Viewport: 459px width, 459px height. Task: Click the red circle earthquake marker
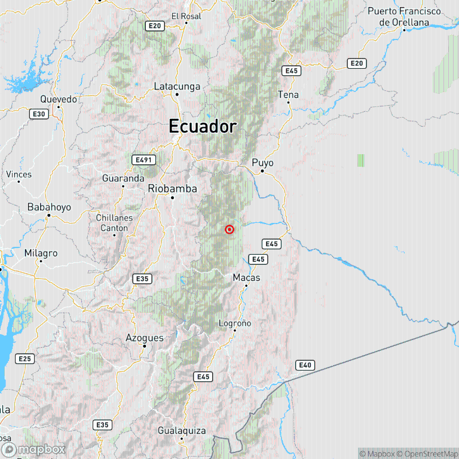229,229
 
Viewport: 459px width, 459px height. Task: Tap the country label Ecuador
203,127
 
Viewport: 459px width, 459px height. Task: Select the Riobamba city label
172,188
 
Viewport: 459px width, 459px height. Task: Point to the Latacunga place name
177,86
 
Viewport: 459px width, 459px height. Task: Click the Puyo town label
262,163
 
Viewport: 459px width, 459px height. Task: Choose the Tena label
288,94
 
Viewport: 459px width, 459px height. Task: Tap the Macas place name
245,277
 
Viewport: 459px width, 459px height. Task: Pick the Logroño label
235,323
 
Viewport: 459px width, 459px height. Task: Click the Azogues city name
145,338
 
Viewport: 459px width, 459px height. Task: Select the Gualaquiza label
182,430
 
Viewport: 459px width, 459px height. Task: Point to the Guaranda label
123,178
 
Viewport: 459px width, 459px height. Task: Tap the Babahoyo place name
49,207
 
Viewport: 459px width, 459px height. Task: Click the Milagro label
41,253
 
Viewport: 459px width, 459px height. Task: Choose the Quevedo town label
59,99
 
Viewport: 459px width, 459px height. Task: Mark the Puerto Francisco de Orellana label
404,17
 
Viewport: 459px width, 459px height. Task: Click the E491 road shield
144,160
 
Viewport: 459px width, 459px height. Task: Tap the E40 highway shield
305,365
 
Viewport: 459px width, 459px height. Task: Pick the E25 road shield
25,359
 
